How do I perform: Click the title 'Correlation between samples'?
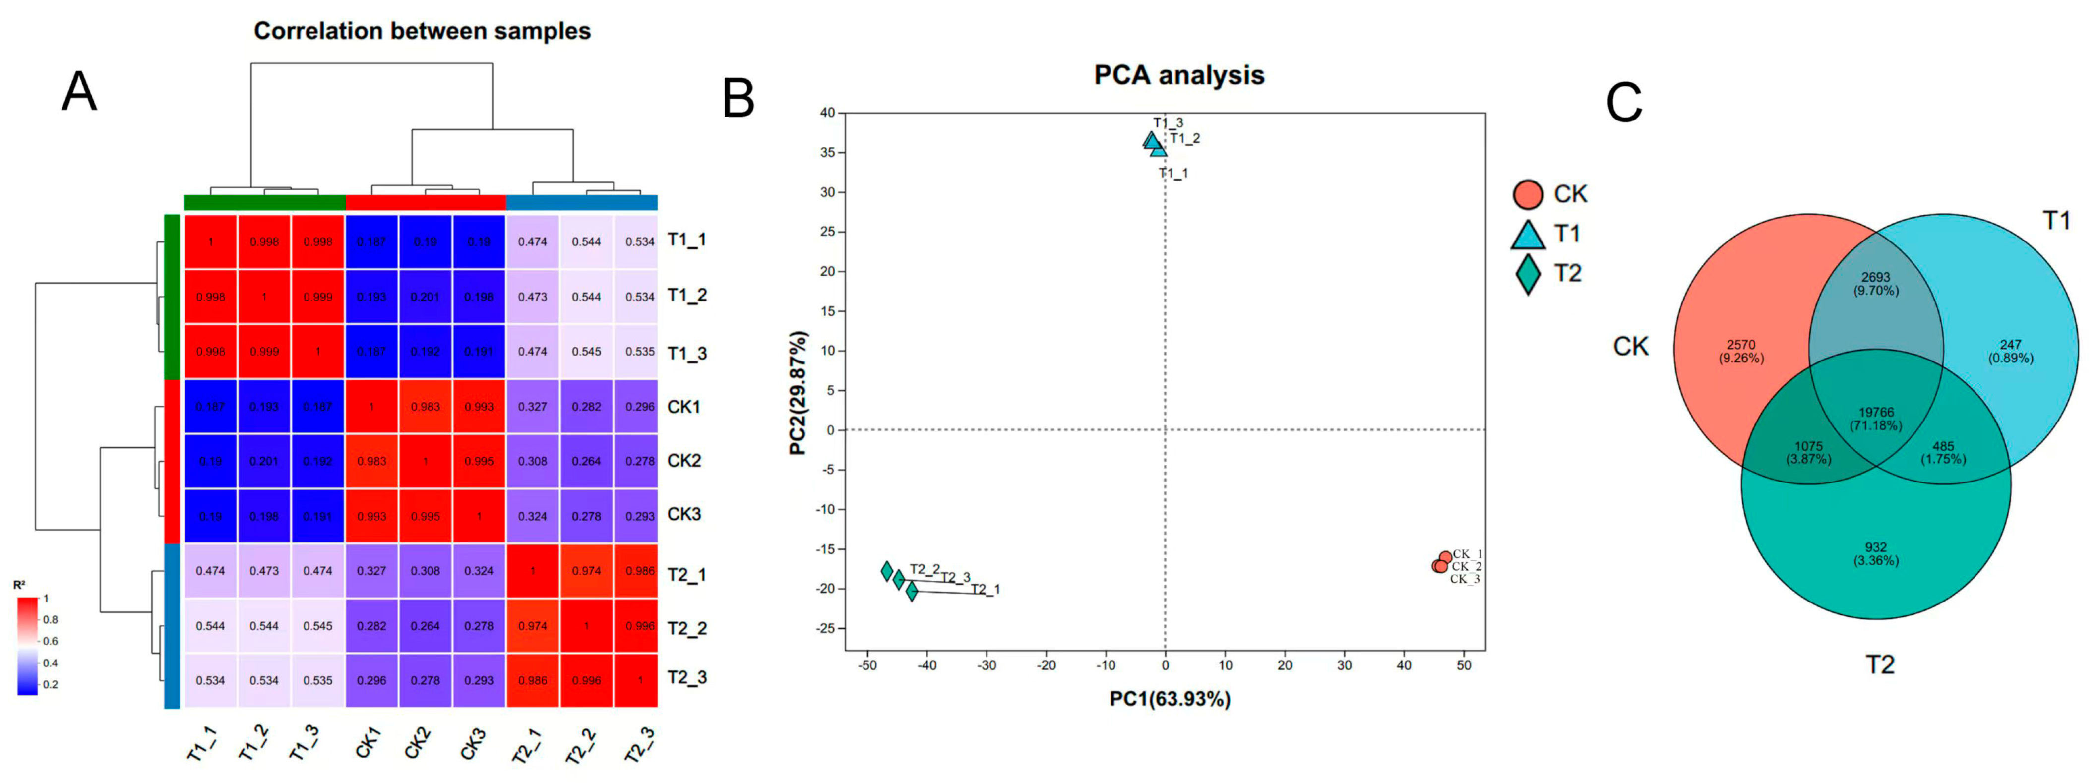[422, 31]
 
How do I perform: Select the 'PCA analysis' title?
[1178, 75]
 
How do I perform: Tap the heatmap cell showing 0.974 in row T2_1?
[586, 571]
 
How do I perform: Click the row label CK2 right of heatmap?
[683, 461]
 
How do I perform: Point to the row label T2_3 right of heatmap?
[686, 677]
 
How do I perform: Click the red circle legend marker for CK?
[1528, 194]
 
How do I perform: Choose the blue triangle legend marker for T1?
[1528, 235]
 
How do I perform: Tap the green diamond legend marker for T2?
[1528, 274]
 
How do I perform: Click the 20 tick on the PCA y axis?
[827, 272]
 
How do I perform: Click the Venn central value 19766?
[1876, 413]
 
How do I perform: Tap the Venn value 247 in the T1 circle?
[2010, 345]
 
